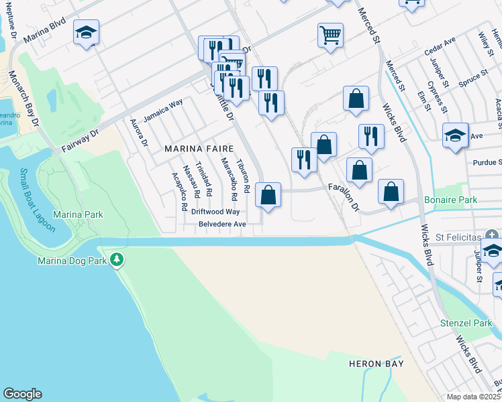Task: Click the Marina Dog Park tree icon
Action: click(117, 259)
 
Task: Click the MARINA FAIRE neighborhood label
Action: click(199, 149)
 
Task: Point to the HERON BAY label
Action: click(376, 364)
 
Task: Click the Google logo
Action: click(22, 394)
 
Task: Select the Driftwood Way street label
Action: click(215, 212)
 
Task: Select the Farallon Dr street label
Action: click(344, 196)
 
